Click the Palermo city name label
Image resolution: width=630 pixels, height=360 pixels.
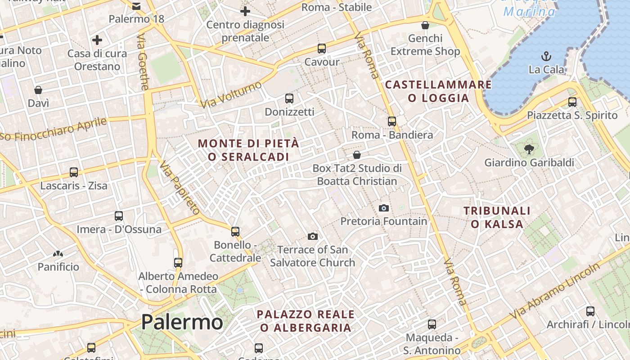(x=182, y=322)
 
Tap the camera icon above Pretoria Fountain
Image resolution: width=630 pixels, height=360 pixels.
(x=384, y=208)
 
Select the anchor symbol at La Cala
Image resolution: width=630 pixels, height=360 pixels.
(x=546, y=56)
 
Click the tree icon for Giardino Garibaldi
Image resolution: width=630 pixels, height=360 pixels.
(x=529, y=149)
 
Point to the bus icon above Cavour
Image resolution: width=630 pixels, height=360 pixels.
(x=321, y=49)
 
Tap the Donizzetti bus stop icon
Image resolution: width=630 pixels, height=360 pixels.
(x=289, y=98)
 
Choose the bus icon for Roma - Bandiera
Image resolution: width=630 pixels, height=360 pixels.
(x=392, y=121)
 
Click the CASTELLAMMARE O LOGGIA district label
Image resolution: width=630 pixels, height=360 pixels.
(x=438, y=91)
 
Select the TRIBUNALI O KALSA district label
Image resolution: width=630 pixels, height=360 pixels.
(x=497, y=217)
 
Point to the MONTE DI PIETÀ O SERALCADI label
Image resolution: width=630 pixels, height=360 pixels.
(x=248, y=150)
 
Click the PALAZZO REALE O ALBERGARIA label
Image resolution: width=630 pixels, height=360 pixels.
(x=306, y=321)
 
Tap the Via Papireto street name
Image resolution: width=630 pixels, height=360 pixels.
(x=180, y=188)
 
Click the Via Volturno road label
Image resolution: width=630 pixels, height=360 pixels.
(x=231, y=94)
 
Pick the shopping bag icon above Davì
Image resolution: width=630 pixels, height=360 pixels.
(x=38, y=90)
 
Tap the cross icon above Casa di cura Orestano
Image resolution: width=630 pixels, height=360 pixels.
(x=97, y=40)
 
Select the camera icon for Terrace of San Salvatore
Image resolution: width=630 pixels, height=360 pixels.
(x=313, y=236)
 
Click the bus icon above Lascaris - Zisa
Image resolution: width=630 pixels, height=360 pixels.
(x=74, y=172)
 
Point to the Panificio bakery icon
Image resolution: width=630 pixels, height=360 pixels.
(x=58, y=254)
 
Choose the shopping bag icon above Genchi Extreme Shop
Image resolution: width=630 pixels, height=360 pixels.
(x=425, y=25)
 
